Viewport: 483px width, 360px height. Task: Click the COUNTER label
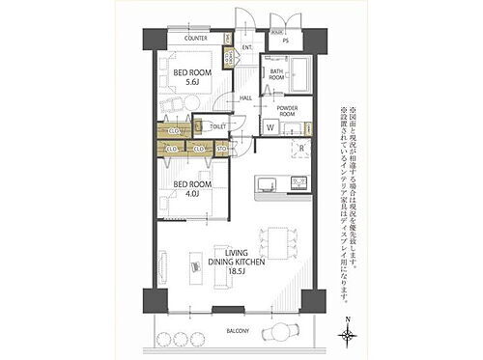click(195, 40)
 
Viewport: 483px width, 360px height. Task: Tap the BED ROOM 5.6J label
click(192, 78)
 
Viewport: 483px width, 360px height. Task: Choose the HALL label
click(245, 97)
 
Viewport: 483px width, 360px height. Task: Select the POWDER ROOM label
click(288, 110)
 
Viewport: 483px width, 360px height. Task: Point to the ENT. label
click(247, 47)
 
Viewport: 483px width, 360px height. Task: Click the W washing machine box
click(270, 127)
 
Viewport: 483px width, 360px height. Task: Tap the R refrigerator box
click(301, 149)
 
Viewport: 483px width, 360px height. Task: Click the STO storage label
click(221, 150)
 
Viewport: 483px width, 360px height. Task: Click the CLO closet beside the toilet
click(175, 130)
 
